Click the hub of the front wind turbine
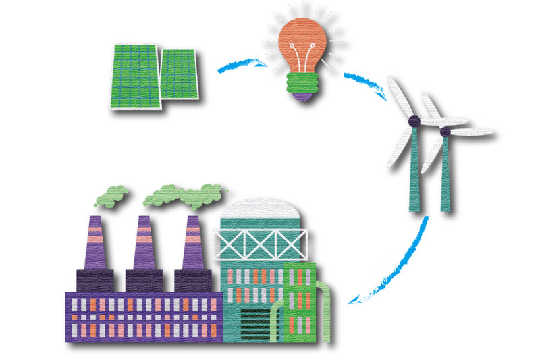pos(414,121)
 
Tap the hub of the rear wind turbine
pos(445,132)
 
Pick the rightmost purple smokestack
pos(192,243)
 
